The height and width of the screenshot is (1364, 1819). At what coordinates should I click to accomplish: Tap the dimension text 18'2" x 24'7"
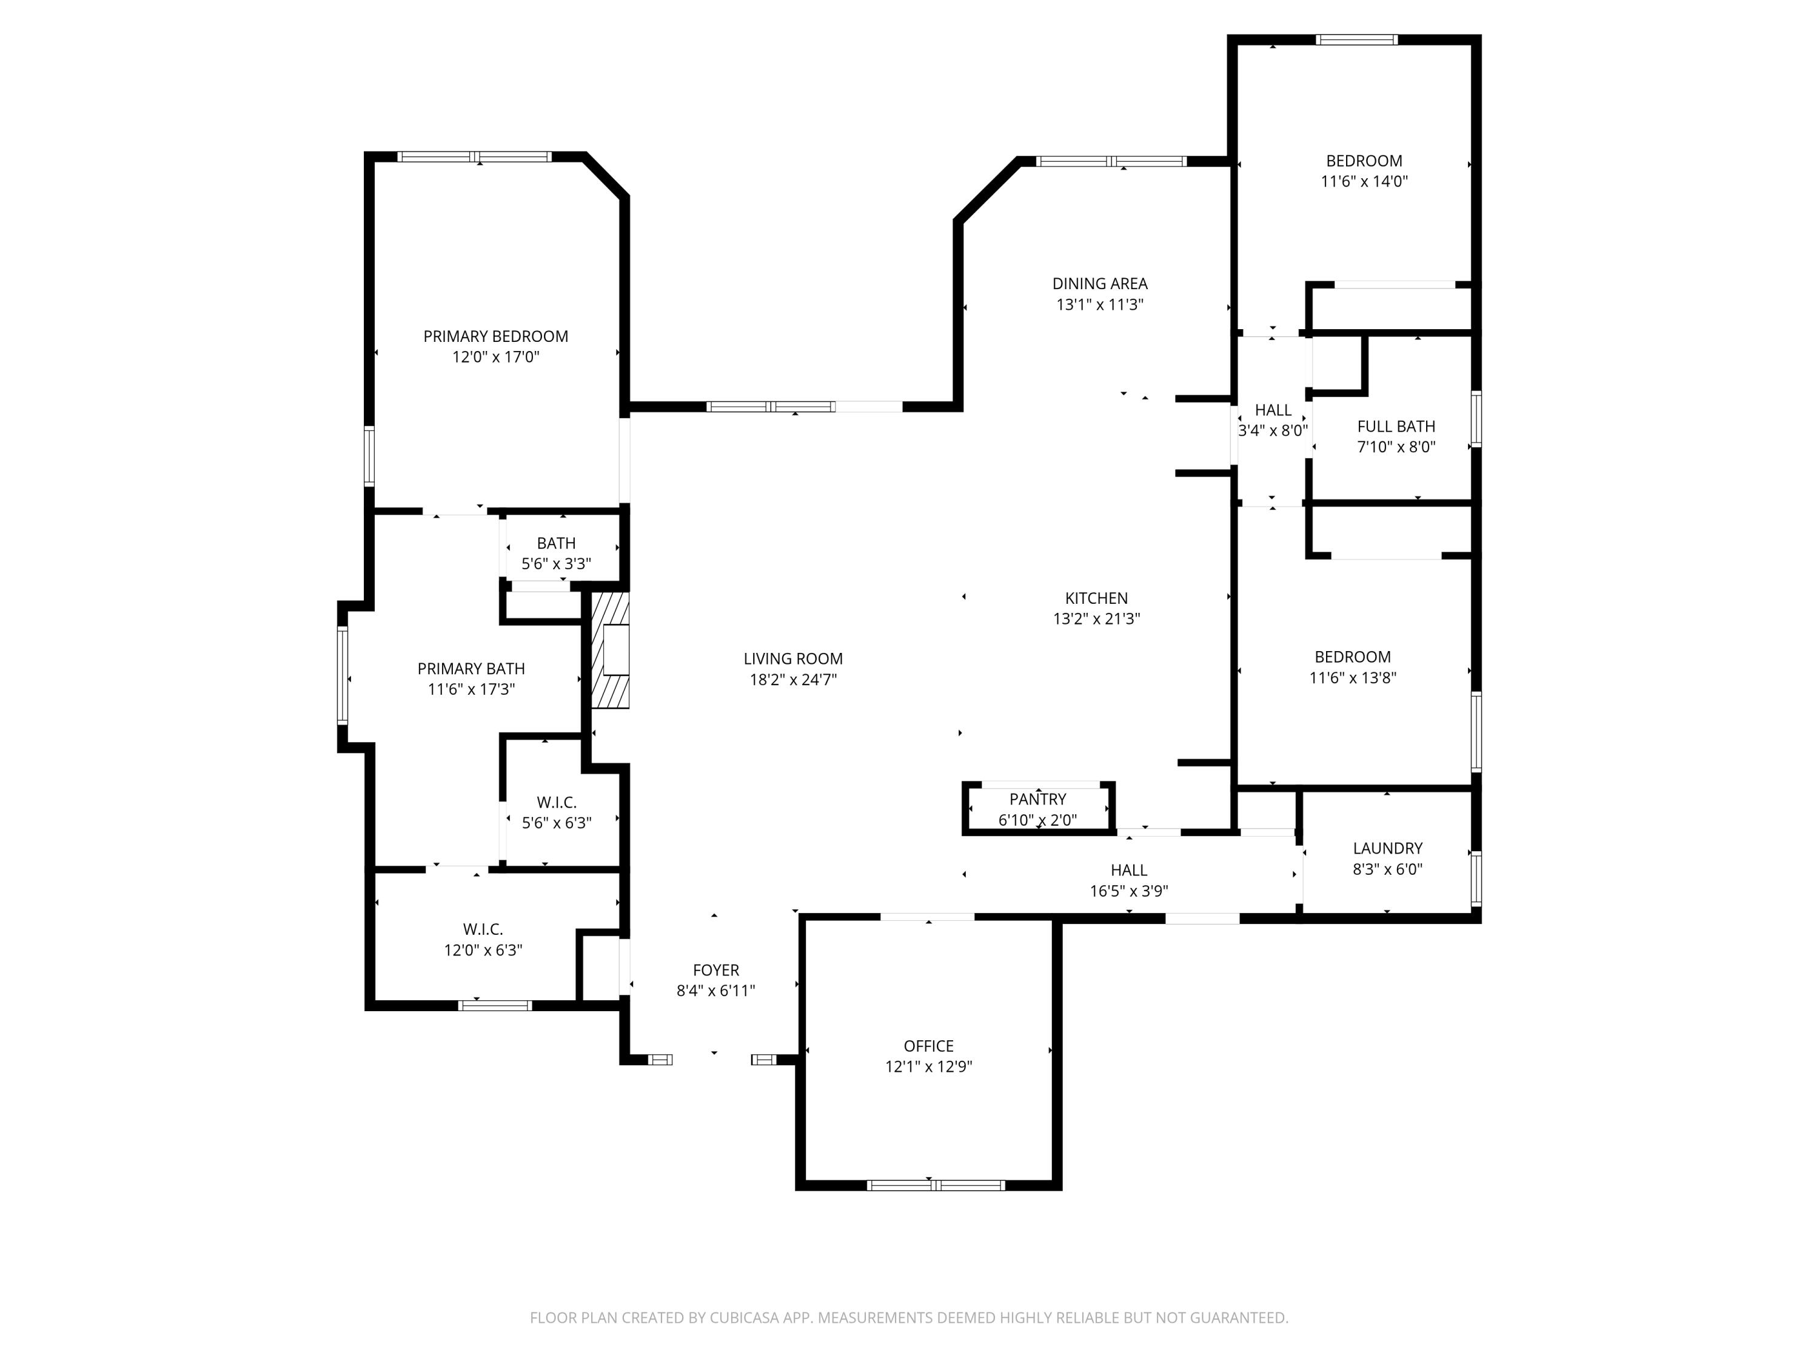tap(792, 679)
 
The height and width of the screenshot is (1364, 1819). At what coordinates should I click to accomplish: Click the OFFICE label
tap(928, 1046)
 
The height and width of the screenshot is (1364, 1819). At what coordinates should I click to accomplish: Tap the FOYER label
tap(715, 970)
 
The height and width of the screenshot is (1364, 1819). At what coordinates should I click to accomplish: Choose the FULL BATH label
tap(1396, 426)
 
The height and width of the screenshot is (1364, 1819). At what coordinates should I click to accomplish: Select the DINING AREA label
tap(1099, 284)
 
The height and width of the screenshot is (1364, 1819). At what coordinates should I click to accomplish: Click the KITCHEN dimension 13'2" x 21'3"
tap(1096, 619)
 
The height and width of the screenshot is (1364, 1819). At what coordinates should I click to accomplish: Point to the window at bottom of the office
tap(936, 1185)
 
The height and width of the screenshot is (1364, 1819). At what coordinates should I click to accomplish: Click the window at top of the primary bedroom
tap(475, 156)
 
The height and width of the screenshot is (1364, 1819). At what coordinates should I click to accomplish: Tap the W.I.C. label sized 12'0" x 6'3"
tap(483, 929)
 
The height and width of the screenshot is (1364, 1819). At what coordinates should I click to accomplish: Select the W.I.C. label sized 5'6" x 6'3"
tap(557, 803)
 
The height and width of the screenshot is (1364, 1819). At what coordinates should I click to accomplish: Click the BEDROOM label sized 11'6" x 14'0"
tap(1364, 161)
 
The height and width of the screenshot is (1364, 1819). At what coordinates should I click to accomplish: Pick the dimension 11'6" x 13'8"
tap(1352, 678)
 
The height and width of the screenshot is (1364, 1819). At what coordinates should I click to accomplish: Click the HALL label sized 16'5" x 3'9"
tap(1128, 870)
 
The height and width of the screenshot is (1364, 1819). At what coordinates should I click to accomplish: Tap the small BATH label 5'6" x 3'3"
tap(556, 543)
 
